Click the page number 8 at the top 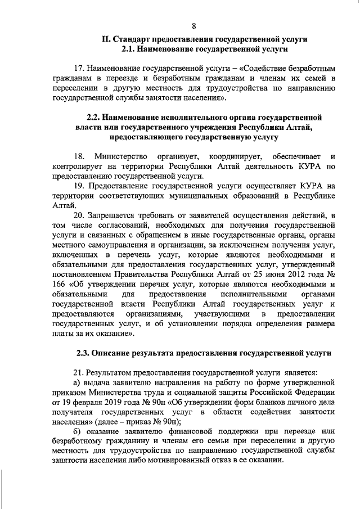[194, 26]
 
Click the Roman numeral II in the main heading [105, 39]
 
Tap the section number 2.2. [96, 117]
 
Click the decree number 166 [59, 287]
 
